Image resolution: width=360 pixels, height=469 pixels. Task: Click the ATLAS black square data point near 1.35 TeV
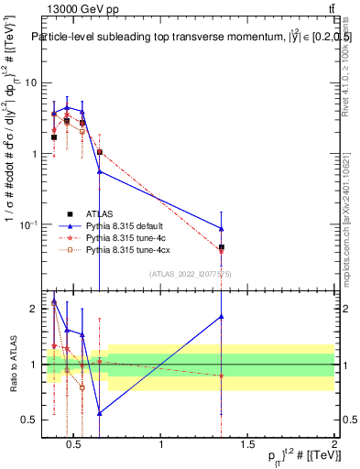[222, 247]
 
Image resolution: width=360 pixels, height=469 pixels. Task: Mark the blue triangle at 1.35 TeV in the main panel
[222, 228]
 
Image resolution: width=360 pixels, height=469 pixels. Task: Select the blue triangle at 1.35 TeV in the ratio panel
[222, 317]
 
